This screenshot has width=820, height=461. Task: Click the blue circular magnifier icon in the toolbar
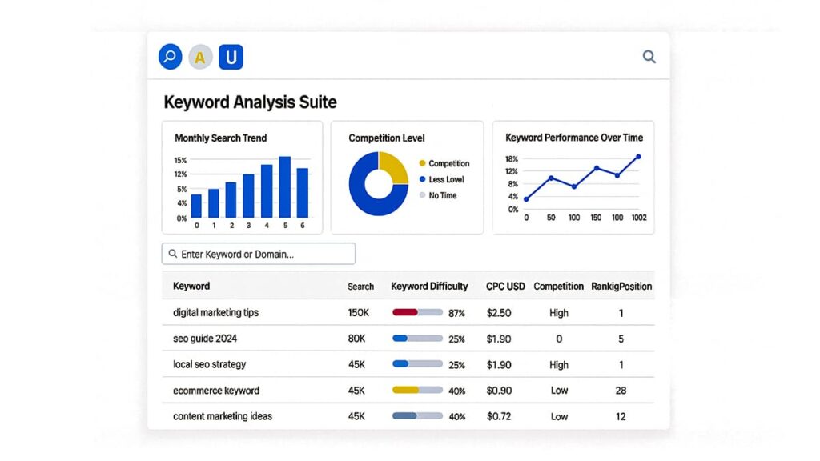pyautogui.click(x=170, y=57)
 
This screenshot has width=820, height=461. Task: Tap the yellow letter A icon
pyautogui.click(x=200, y=58)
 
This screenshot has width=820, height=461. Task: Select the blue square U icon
pyautogui.click(x=231, y=57)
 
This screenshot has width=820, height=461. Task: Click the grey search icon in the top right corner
pyautogui.click(x=649, y=57)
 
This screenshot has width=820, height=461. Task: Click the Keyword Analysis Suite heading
pyautogui.click(x=250, y=102)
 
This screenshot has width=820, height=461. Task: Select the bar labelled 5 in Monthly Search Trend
pyautogui.click(x=284, y=187)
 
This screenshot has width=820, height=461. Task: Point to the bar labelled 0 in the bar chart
pyautogui.click(x=196, y=206)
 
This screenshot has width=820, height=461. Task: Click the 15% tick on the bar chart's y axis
pyautogui.click(x=180, y=161)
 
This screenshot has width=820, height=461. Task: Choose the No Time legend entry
pyautogui.click(x=442, y=196)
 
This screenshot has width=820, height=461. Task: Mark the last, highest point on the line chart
pyautogui.click(x=638, y=157)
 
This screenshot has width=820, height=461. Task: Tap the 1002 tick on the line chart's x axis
pyautogui.click(x=638, y=218)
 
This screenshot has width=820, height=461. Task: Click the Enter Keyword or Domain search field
pyautogui.click(x=259, y=254)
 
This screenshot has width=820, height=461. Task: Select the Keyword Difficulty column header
pyautogui.click(x=429, y=287)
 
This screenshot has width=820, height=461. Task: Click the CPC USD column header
pyautogui.click(x=505, y=287)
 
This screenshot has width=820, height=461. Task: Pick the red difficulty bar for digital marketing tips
pyautogui.click(x=406, y=312)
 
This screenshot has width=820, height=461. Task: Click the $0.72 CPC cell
pyautogui.click(x=499, y=416)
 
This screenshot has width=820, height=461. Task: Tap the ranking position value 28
pyautogui.click(x=621, y=391)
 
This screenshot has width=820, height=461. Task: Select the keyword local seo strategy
pyautogui.click(x=210, y=364)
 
